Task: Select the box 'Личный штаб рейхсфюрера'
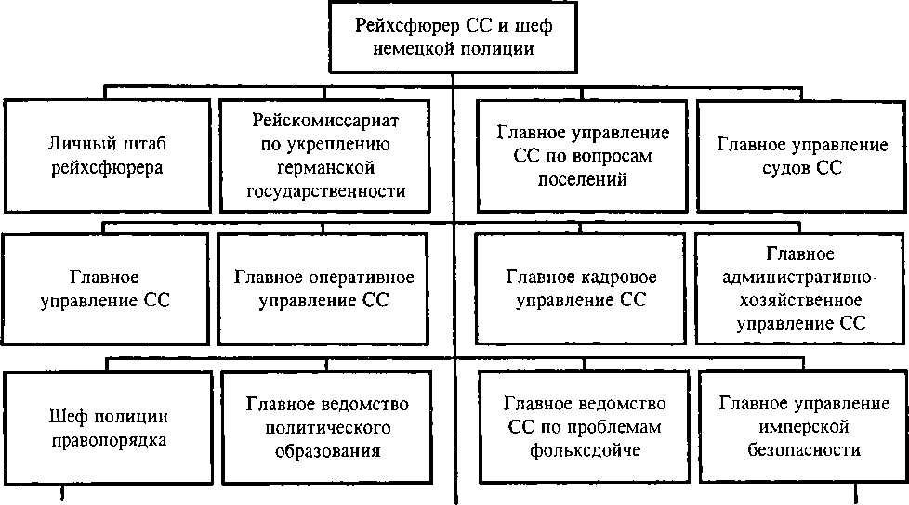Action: (107, 155)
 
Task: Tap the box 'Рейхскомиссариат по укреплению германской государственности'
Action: (325, 155)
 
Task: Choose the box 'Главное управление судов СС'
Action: (803, 155)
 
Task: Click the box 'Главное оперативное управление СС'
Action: (323, 289)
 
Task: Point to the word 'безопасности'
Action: (803, 450)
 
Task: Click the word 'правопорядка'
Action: (110, 440)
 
